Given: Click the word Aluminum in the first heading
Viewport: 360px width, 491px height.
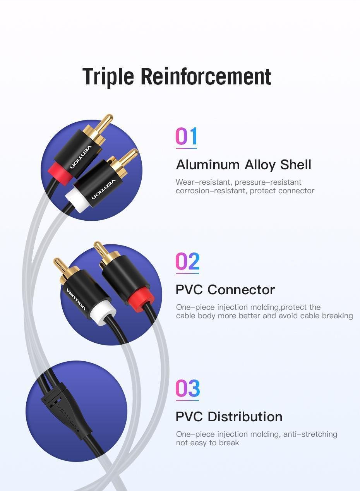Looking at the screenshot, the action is point(208,165).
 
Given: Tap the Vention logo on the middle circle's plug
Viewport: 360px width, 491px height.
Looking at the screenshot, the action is point(76,299).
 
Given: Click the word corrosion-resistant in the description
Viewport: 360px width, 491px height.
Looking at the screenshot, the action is point(211,191).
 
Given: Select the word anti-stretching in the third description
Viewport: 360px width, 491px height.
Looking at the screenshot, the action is point(310,434).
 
